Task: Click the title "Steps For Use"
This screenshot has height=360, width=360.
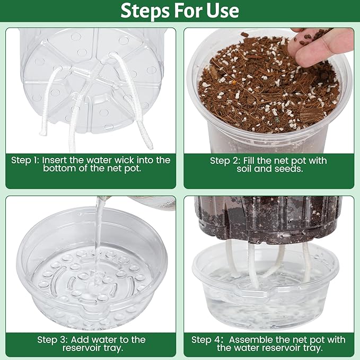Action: [x=180, y=11]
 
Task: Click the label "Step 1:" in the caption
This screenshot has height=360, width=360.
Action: [x=26, y=160]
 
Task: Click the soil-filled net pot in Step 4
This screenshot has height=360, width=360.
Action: [x=268, y=217]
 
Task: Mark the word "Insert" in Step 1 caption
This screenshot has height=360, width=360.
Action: [x=56, y=160]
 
